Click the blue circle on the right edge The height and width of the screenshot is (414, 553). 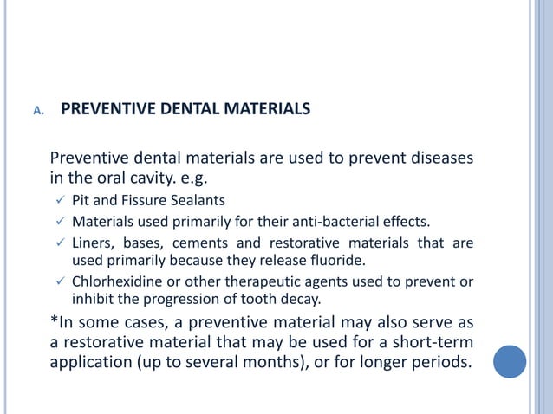(x=509, y=360)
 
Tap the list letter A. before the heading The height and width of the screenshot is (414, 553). (x=38, y=112)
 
